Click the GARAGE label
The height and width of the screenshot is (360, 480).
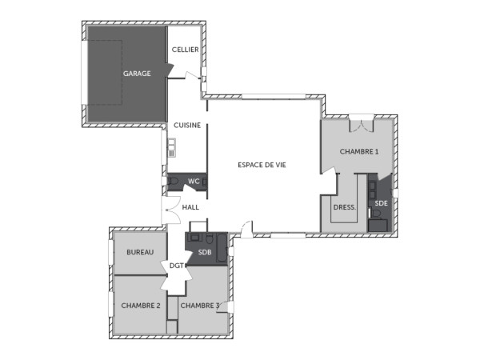tap(137, 74)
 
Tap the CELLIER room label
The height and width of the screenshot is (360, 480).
tap(186, 50)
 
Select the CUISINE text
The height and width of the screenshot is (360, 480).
tap(186, 126)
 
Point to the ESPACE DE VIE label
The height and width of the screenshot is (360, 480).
tap(262, 164)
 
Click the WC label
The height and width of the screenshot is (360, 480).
tap(193, 181)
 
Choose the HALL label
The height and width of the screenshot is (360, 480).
tap(190, 207)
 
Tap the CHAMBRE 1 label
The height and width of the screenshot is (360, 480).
tap(359, 151)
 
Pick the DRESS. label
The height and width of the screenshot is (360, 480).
tap(344, 206)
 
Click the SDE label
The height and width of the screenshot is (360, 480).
tap(381, 204)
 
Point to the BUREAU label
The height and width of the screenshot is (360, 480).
tap(140, 252)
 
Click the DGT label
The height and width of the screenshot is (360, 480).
tap(177, 266)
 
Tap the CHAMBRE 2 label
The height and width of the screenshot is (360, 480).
tap(141, 306)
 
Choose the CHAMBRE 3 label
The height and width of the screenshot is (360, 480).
tap(200, 306)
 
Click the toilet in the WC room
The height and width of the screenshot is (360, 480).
tap(174, 182)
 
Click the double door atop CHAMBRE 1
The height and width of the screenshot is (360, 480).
tap(361, 125)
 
